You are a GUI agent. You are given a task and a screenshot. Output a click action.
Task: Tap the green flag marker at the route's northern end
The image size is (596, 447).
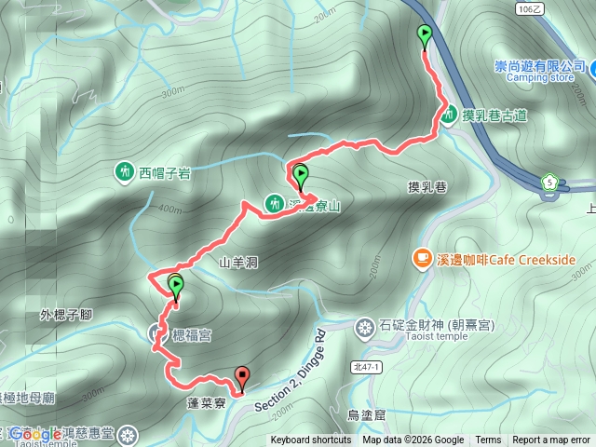(426, 36)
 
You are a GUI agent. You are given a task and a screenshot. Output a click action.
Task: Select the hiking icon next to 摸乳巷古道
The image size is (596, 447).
(449, 115)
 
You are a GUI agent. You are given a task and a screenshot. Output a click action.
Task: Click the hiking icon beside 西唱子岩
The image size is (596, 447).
(125, 171)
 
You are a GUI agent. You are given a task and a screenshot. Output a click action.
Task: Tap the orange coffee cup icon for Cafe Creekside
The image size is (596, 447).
(422, 258)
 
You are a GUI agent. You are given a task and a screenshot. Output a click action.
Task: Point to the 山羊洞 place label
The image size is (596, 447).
(237, 263)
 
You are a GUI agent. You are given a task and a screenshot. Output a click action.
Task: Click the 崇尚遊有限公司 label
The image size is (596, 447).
(539, 66)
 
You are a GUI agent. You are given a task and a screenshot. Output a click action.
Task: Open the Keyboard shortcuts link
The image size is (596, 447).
(311, 440)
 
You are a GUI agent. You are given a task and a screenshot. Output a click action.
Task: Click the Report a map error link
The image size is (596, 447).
(552, 440)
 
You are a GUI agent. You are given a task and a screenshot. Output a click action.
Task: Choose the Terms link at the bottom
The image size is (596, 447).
(488, 440)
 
